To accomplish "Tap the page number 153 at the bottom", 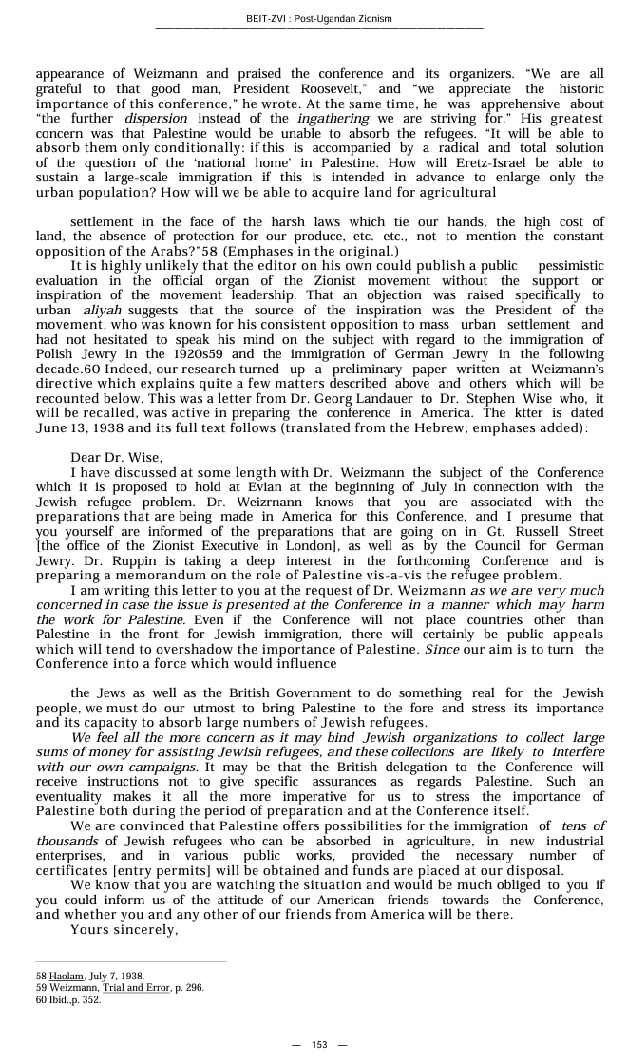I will coord(319,1044).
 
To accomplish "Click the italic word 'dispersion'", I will coord(156,119).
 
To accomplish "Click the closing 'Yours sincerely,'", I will coord(124,929).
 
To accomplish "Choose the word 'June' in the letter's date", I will coord(52,428).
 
